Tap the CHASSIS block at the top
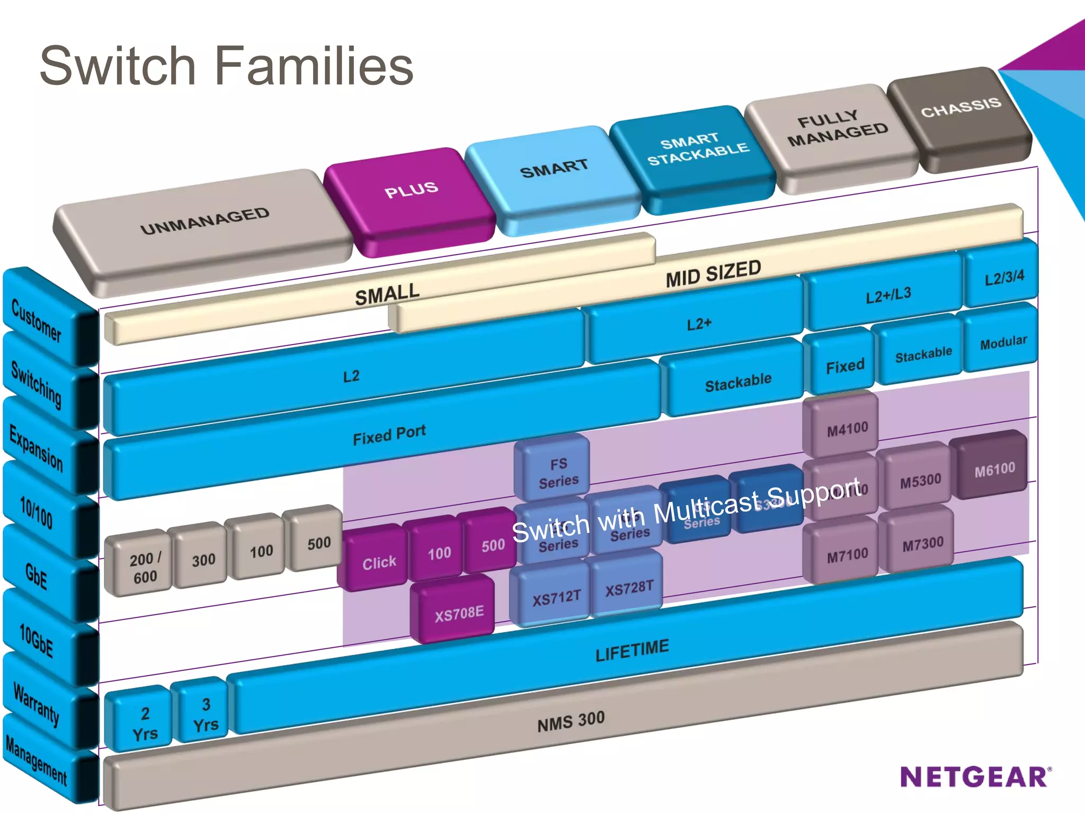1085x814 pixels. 961,108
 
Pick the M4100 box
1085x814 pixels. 847,428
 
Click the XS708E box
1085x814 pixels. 459,613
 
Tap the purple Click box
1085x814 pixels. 379,562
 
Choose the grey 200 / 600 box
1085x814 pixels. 144,568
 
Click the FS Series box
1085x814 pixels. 558,472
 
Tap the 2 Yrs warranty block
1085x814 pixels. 145,723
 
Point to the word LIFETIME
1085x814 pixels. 632,651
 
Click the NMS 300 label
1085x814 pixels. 571,721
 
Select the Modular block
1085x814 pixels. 1003,342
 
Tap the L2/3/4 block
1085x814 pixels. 1004,278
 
